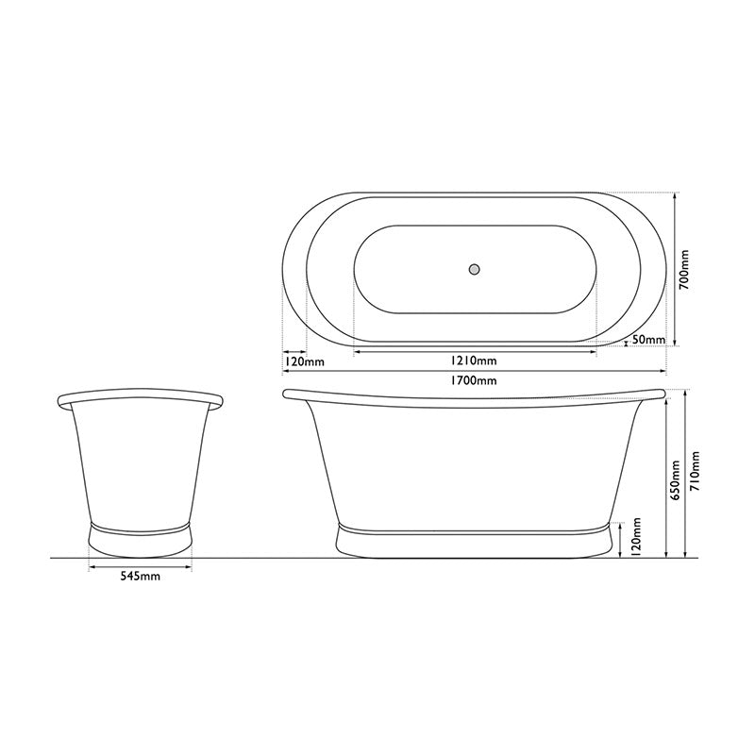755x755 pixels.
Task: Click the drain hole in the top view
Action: [x=475, y=269]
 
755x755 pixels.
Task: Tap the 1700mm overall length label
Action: [x=474, y=380]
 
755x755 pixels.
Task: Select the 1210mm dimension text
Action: [x=474, y=361]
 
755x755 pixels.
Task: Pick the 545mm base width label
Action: [x=139, y=577]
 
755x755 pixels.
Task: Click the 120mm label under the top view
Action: [x=304, y=361]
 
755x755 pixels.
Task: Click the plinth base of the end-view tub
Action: [x=140, y=539]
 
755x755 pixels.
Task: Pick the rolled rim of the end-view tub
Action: [x=141, y=397]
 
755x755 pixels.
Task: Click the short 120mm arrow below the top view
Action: [x=294, y=351]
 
